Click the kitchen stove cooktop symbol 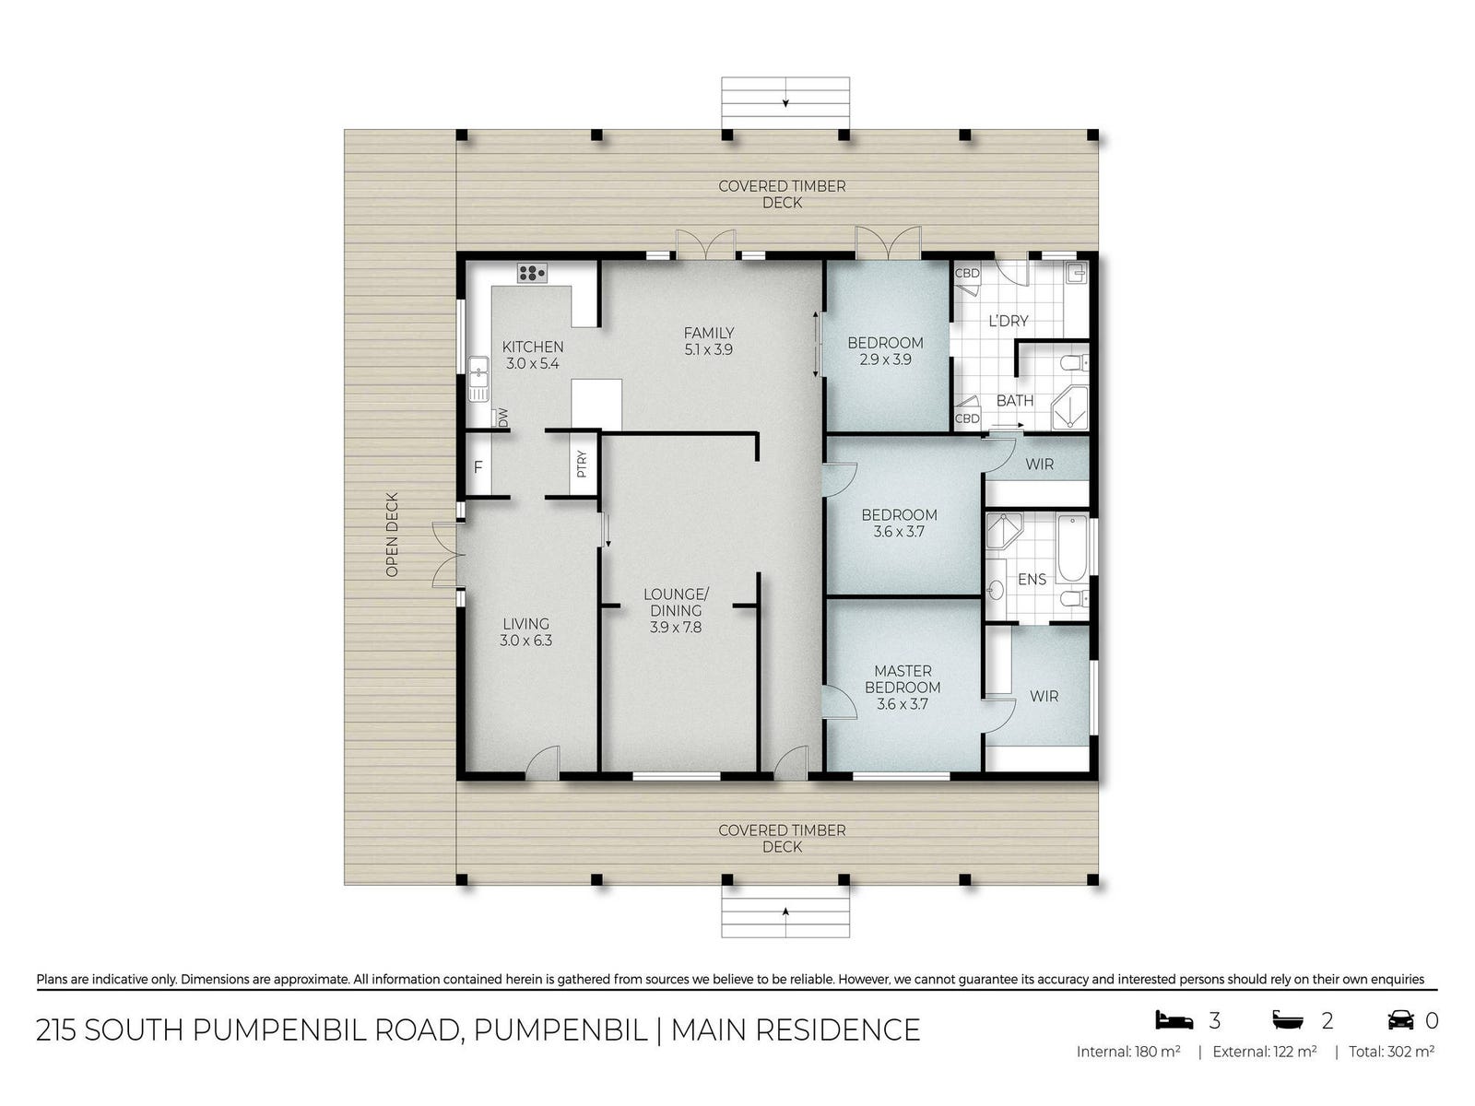click(532, 273)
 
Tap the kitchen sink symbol click(478, 378)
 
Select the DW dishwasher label click(502, 418)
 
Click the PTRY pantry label click(582, 464)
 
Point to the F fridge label click(478, 466)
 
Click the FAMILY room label click(708, 333)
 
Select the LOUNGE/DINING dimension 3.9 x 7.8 click(676, 628)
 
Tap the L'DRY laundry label click(1008, 321)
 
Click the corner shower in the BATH click(1069, 407)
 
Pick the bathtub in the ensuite click(1072, 548)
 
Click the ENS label click(1032, 579)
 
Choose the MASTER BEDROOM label click(903, 679)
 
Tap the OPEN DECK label click(392, 535)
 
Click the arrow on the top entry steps click(785, 102)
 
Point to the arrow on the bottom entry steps click(785, 912)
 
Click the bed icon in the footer click(1174, 1020)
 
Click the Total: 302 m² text click(1392, 1052)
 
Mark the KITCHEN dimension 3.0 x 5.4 click(532, 364)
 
